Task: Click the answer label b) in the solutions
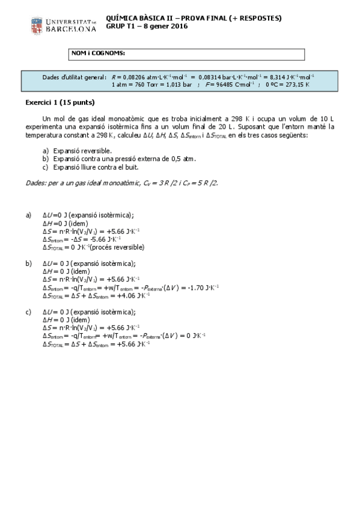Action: (x=28, y=263)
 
